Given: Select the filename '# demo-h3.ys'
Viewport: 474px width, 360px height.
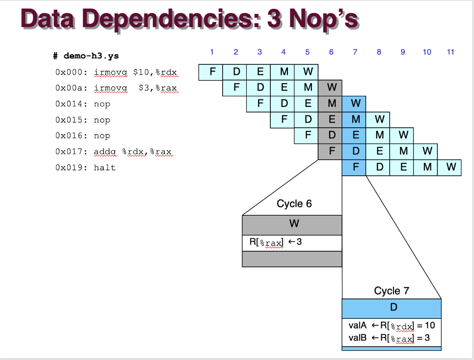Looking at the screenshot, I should pos(85,56).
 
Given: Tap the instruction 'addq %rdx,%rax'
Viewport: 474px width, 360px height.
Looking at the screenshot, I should pos(133,151).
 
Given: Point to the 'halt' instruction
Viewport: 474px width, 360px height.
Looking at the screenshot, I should pos(105,167).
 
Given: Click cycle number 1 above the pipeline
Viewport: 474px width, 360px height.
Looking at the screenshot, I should pos(212,52).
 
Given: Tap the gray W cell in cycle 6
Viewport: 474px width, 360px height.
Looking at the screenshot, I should pos(331,87).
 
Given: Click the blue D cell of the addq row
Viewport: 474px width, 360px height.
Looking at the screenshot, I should pos(355,151).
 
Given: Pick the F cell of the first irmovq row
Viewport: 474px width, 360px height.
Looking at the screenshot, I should pos(212,72).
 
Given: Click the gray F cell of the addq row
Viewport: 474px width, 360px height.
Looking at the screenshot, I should pos(331,151).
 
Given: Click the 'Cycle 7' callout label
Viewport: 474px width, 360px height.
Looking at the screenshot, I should pos(392,291).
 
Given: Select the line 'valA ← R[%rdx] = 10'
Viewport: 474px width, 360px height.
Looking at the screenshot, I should pos(392,325).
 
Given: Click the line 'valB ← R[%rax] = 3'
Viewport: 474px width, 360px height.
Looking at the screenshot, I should pos(389,338).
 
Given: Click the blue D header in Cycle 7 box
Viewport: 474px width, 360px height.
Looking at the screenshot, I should pos(392,308).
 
